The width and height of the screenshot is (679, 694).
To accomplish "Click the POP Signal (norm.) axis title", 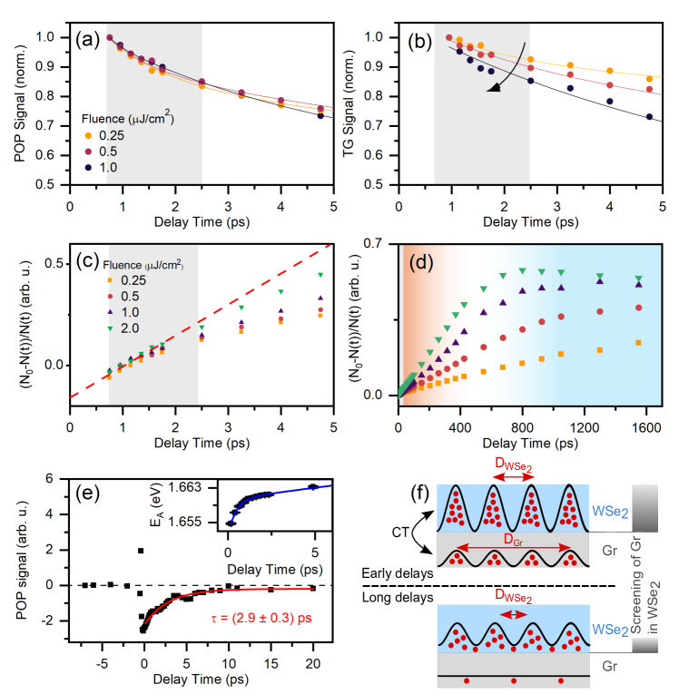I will (x=21, y=111).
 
